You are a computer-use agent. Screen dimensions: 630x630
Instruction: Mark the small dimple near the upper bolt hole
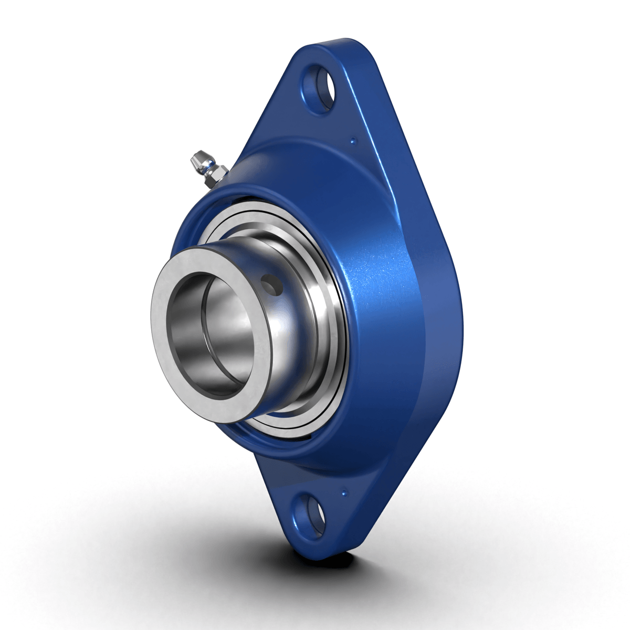[353, 140]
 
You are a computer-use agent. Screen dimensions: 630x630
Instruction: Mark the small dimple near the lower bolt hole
[344, 492]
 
